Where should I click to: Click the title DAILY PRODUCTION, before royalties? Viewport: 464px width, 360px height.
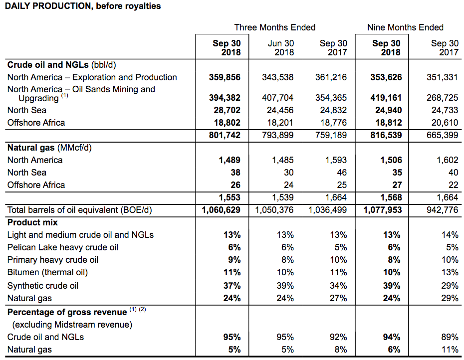[83, 7]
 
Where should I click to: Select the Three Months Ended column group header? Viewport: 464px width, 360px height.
[275, 27]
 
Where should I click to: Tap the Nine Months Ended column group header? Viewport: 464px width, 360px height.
[405, 27]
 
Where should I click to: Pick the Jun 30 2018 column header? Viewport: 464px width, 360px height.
[281, 48]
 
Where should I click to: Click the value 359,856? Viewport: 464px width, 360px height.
[225, 77]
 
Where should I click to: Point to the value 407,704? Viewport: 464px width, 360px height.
[278, 98]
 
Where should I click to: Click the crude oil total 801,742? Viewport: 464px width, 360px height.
[225, 135]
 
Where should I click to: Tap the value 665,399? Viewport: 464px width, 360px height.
[443, 135]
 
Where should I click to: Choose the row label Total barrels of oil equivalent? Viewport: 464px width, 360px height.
[79, 210]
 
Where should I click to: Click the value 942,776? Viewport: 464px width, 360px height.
[443, 210]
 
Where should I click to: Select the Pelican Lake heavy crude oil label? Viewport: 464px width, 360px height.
[62, 247]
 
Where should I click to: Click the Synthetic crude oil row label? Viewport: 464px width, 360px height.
[42, 286]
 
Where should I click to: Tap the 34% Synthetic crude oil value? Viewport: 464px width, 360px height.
[338, 286]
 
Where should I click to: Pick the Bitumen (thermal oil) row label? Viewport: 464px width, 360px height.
[47, 272]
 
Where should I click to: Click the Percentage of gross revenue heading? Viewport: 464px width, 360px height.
[67, 312]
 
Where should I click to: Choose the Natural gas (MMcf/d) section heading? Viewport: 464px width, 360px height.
[49, 148]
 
